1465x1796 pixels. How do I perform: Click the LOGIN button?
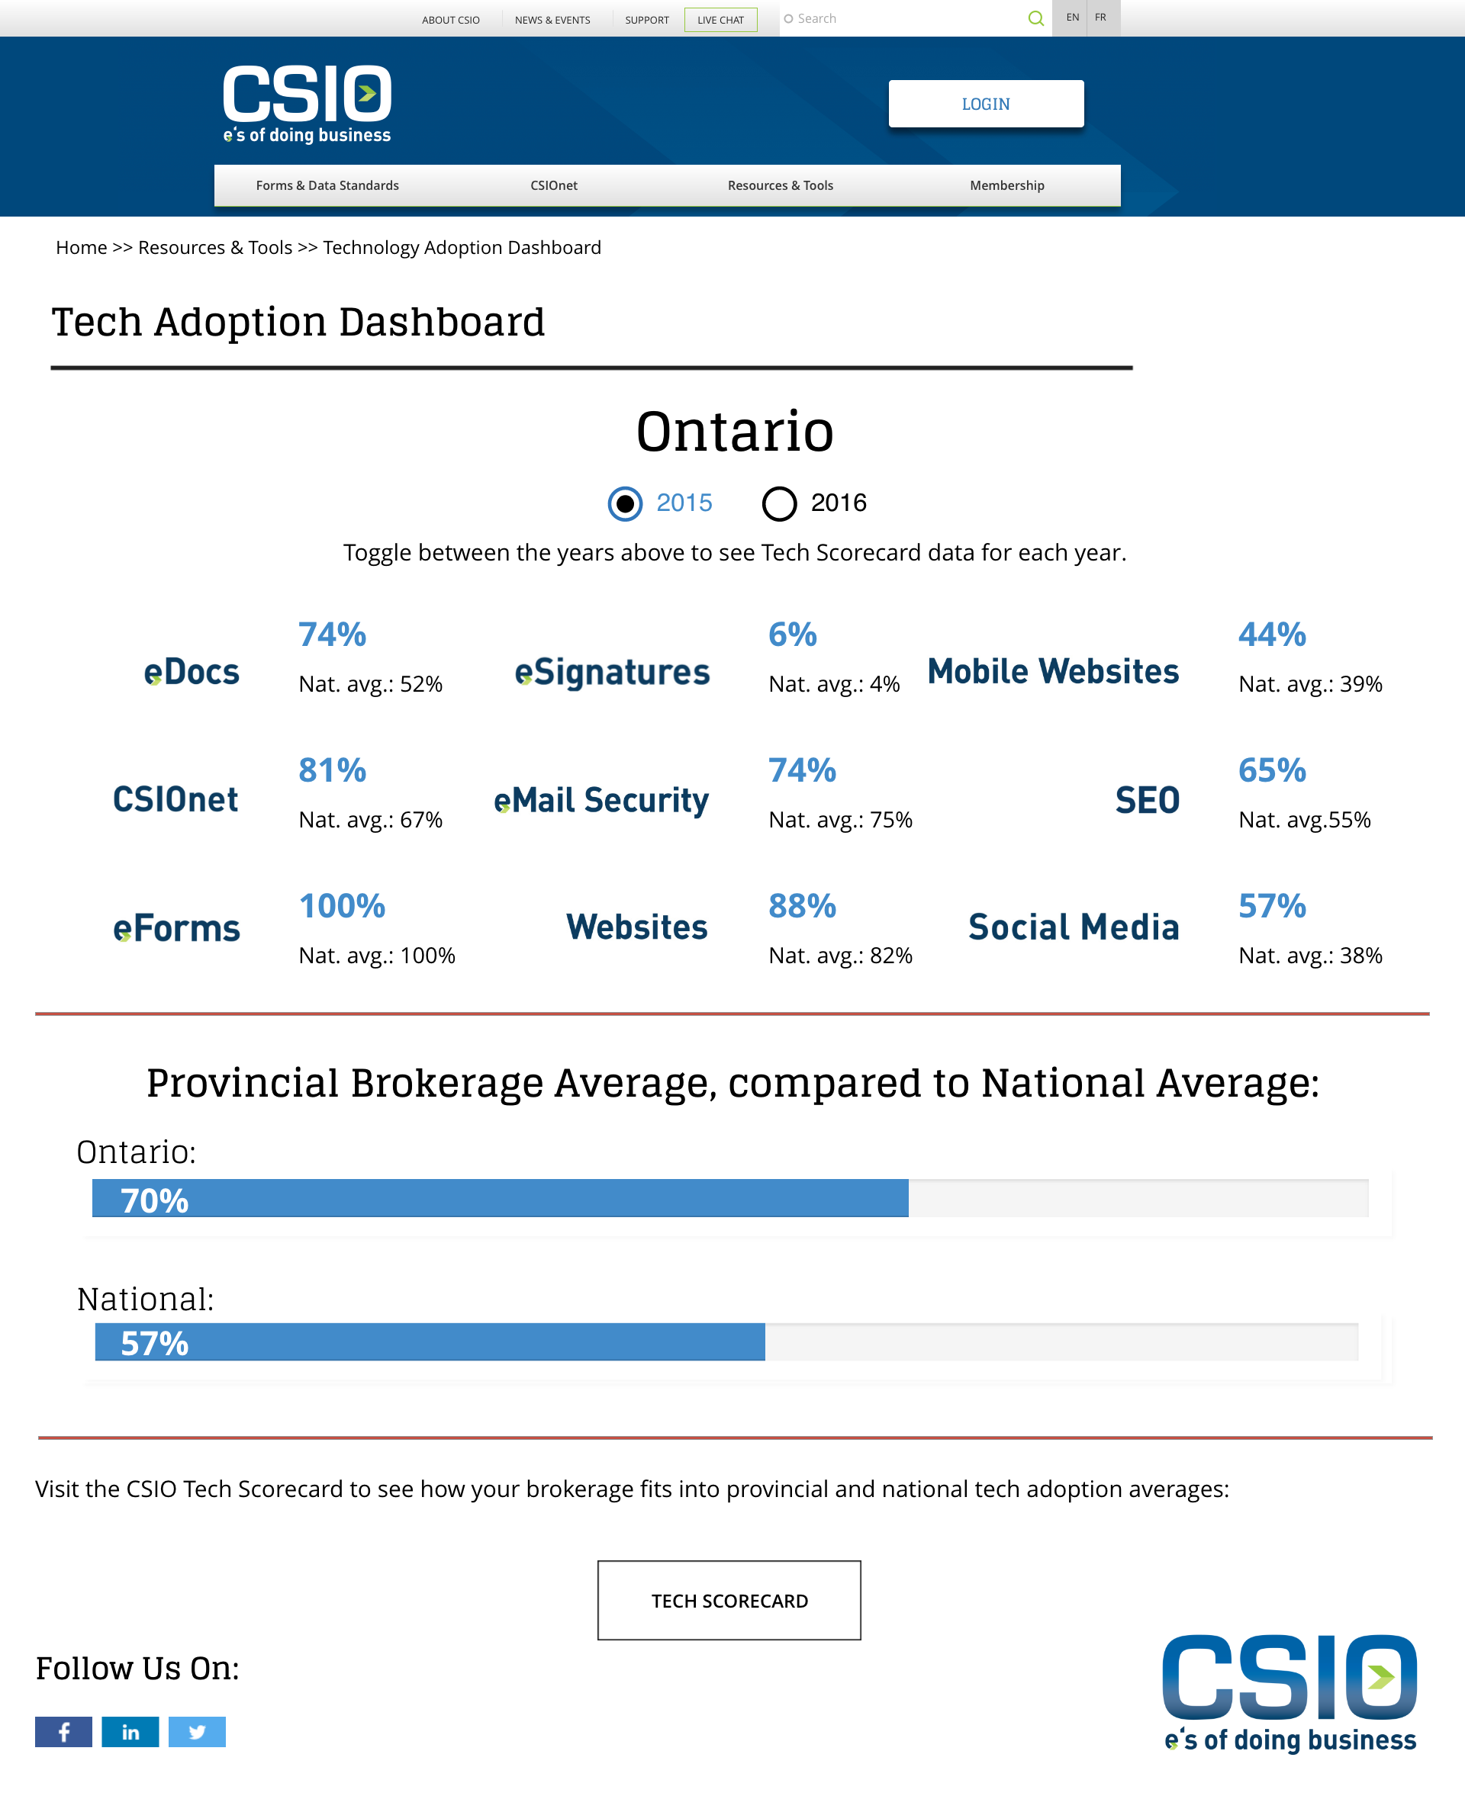pyautogui.click(x=986, y=104)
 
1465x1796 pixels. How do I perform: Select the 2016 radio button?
pyautogui.click(x=779, y=503)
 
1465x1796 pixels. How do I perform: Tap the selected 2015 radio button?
pyautogui.click(x=624, y=503)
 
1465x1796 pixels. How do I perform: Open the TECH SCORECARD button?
pyautogui.click(x=729, y=1600)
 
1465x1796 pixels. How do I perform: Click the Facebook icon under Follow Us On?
pyautogui.click(x=63, y=1732)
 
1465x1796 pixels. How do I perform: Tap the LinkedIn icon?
pyautogui.click(x=130, y=1732)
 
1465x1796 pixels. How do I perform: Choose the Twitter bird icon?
pyautogui.click(x=197, y=1732)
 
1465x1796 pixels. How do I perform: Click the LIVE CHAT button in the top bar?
pyautogui.click(x=721, y=19)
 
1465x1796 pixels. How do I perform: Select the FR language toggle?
pyautogui.click(x=1100, y=18)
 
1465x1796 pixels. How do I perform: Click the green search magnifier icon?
pyautogui.click(x=1036, y=18)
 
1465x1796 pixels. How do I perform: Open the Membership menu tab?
pyautogui.click(x=1006, y=185)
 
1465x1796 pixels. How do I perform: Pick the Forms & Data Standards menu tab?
pyautogui.click(x=327, y=185)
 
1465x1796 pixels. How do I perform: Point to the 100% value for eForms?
pyautogui.click(x=342, y=906)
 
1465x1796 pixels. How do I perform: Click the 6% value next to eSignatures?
pyautogui.click(x=793, y=635)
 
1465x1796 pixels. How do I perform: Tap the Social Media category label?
pyautogui.click(x=1074, y=927)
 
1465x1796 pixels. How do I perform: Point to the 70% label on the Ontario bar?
pyautogui.click(x=154, y=1200)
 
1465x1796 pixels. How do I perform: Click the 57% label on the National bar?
pyautogui.click(x=154, y=1344)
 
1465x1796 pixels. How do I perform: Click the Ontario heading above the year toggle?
pyautogui.click(x=734, y=431)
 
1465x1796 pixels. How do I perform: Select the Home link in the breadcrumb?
pyautogui.click(x=81, y=248)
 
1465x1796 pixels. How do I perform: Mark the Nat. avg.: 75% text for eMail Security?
pyautogui.click(x=841, y=820)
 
